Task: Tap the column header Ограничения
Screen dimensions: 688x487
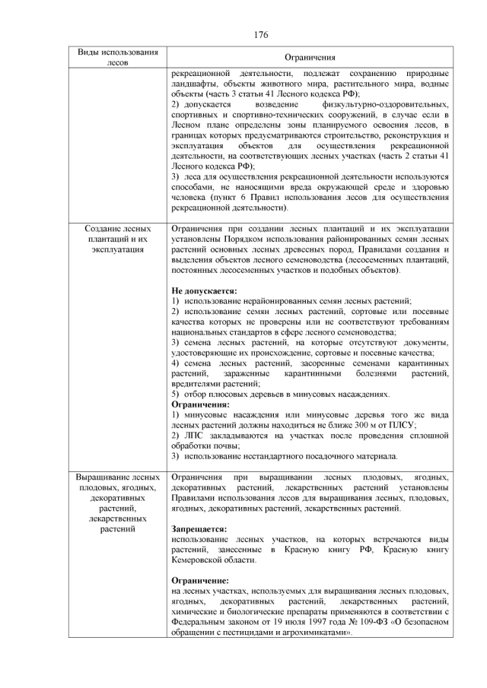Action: pyautogui.click(x=310, y=58)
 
